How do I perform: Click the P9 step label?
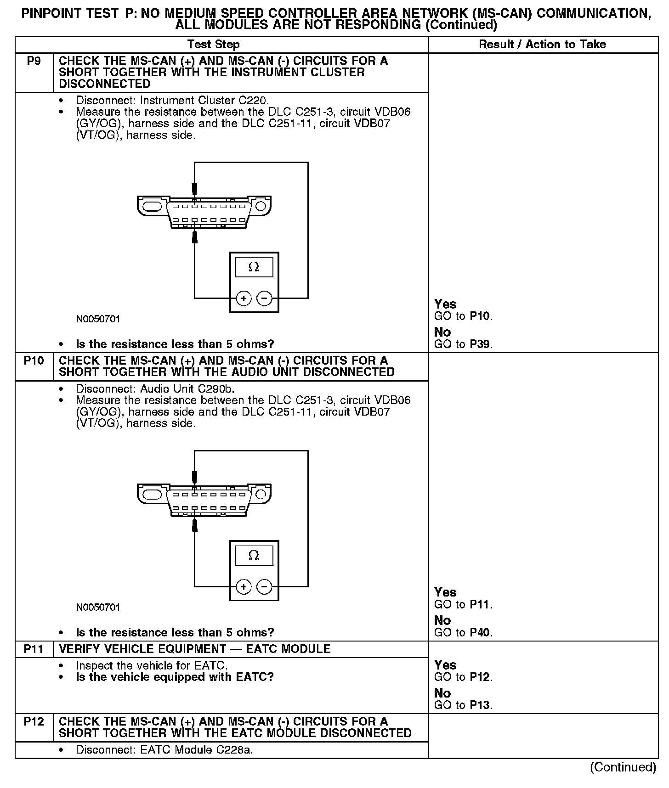tap(34, 61)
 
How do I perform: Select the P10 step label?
tap(34, 361)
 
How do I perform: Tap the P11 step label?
tap(34, 649)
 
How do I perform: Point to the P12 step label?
tap(34, 721)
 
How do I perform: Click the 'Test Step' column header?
tap(213, 45)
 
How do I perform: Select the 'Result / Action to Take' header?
tap(542, 45)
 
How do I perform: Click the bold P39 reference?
tap(480, 344)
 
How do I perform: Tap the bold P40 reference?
tap(480, 633)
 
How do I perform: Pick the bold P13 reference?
tap(480, 705)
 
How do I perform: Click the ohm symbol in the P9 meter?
tap(254, 267)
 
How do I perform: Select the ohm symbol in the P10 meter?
tap(254, 556)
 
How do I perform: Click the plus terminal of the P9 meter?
tap(244, 298)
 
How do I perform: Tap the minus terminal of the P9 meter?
tap(264, 298)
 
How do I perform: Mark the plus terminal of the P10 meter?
tap(244, 587)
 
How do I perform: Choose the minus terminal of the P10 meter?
tap(264, 587)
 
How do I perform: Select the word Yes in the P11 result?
tap(445, 665)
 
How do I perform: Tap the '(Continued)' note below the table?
tap(623, 767)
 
